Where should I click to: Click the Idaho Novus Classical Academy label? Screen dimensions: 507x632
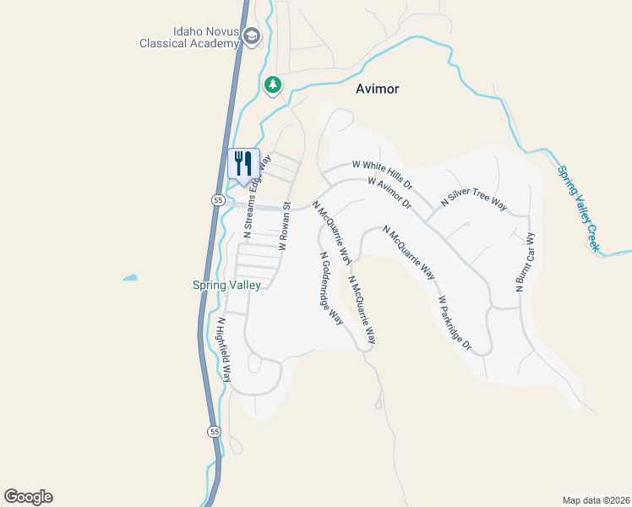(x=190, y=37)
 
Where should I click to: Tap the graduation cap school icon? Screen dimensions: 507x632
(x=251, y=36)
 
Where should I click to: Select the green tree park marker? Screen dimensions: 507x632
(x=272, y=84)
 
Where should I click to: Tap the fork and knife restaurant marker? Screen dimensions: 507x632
(x=243, y=163)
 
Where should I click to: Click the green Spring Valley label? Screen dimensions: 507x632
(x=226, y=286)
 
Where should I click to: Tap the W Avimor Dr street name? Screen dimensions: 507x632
(x=389, y=194)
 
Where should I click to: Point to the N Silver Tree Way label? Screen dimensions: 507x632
(x=474, y=200)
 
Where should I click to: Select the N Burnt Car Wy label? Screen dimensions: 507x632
(x=525, y=263)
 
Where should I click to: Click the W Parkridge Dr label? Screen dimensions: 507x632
(x=454, y=324)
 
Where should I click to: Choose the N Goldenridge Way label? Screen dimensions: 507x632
(x=330, y=288)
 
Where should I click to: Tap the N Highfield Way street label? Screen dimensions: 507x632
(x=224, y=349)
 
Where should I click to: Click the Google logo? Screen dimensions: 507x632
(x=28, y=497)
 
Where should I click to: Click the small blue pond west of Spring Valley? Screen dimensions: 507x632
(x=130, y=277)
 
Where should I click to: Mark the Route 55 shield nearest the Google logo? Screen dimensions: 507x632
(x=215, y=432)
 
